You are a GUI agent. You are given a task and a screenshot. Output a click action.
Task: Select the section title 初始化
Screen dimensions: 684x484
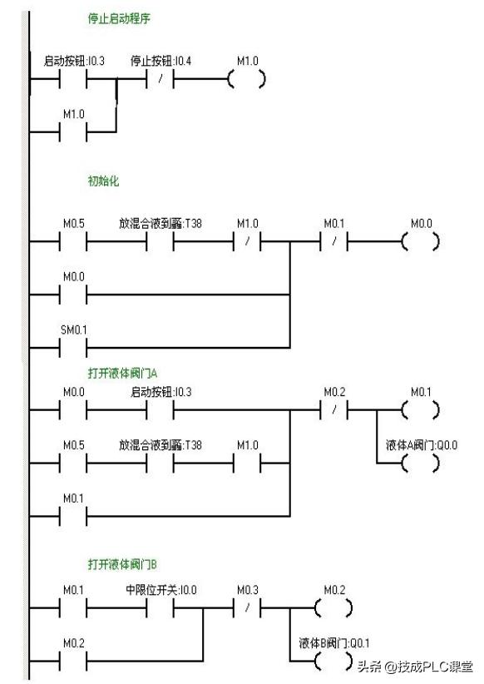coord(103,181)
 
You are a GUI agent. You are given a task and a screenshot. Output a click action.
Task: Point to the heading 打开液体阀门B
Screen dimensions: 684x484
coord(117,563)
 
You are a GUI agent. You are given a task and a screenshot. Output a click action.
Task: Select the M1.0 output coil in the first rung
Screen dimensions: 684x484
coord(247,81)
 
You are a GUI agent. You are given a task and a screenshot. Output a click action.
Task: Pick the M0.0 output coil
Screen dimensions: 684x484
coord(421,242)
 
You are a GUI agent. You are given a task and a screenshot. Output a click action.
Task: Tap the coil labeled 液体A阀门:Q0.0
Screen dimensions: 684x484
coord(421,463)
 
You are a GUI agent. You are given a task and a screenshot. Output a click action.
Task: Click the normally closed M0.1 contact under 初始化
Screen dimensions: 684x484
coord(334,242)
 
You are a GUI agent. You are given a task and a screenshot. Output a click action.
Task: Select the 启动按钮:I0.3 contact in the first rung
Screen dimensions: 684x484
coord(73,81)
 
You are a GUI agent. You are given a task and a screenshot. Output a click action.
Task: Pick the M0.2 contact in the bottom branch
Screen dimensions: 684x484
coord(73,661)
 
